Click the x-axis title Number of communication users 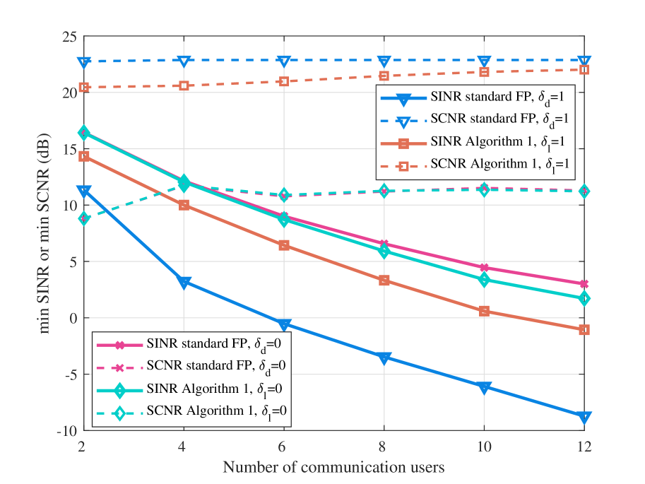pyautogui.click(x=334, y=467)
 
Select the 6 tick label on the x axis pyautogui.click(x=284, y=447)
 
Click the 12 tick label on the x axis pyautogui.click(x=584, y=447)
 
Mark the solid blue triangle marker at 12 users pyautogui.click(x=584, y=417)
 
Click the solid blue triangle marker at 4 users pyautogui.click(x=184, y=283)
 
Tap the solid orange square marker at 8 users pyautogui.click(x=384, y=281)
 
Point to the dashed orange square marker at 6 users pyautogui.click(x=284, y=81)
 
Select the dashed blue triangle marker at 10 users pyautogui.click(x=484, y=61)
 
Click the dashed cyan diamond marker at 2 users pyautogui.click(x=84, y=218)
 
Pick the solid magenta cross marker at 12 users pyautogui.click(x=584, y=284)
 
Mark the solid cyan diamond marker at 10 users pyautogui.click(x=484, y=280)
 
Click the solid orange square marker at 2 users pyautogui.click(x=84, y=156)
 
